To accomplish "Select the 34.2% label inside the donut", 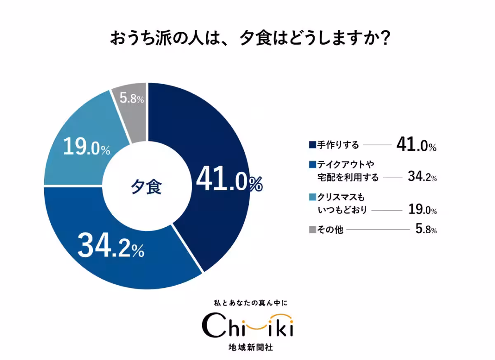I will click(111, 246).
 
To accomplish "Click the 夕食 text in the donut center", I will click(146, 187).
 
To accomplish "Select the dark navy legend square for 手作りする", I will click(312, 145).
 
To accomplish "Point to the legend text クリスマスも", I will click(341, 197).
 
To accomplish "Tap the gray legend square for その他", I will click(312, 230).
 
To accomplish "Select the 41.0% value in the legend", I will click(416, 144).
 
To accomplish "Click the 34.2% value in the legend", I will click(422, 177).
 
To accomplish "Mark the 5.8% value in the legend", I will click(426, 230).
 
